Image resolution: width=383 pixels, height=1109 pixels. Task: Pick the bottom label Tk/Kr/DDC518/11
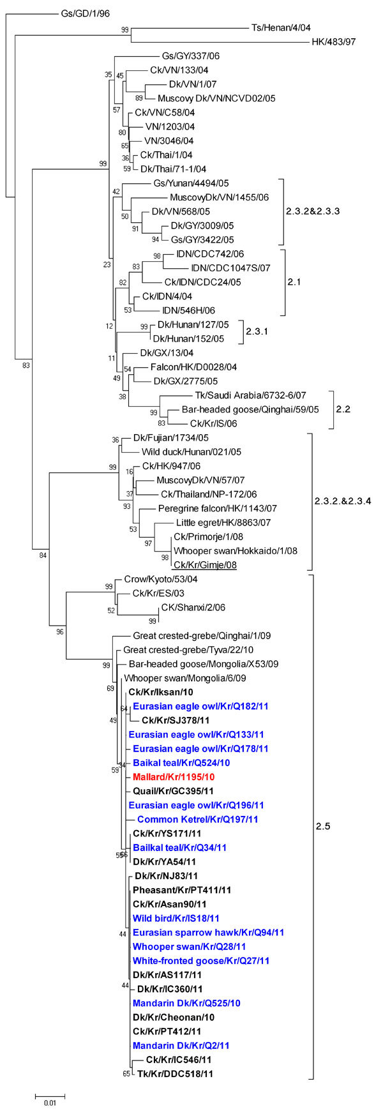[x=175, y=1074]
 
